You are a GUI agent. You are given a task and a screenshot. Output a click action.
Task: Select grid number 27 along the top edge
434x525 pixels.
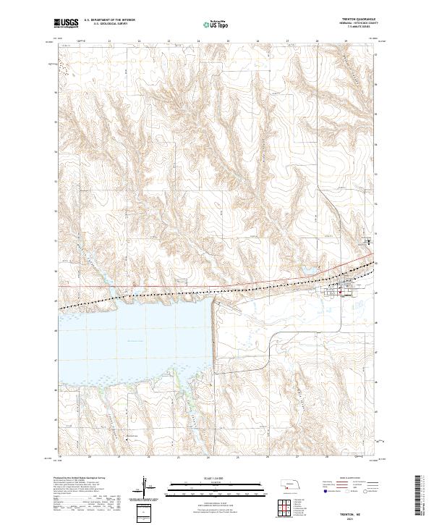coord(287,41)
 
